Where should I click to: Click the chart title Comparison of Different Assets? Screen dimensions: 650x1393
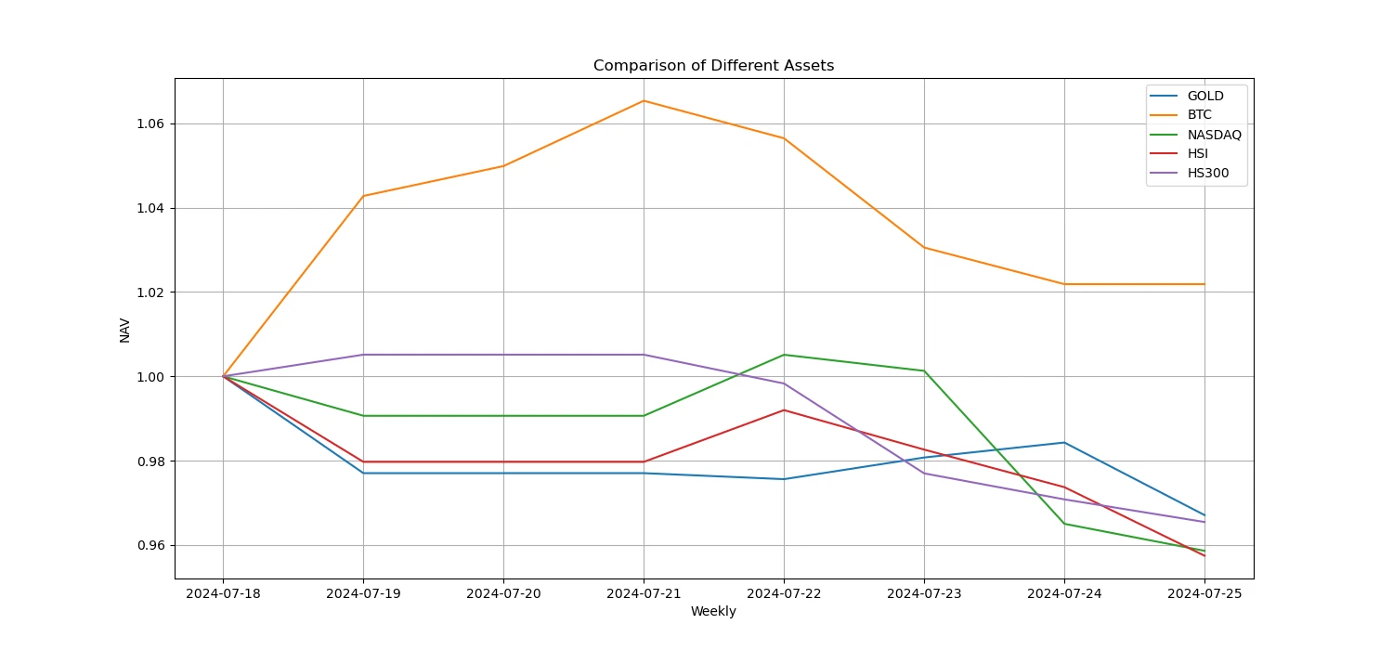[x=713, y=66]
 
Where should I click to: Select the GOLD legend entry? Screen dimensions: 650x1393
[x=1205, y=96]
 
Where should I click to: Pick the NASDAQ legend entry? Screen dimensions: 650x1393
[x=1214, y=135]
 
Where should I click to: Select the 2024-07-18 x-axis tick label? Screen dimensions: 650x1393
[x=223, y=593]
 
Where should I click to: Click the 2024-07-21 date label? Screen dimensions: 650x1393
[x=644, y=593]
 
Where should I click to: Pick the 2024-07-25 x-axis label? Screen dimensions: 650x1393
[x=1204, y=593]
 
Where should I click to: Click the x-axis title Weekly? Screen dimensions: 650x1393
[x=713, y=612]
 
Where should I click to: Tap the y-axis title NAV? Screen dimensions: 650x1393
[x=124, y=330]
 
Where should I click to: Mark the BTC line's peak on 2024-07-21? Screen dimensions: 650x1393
[x=644, y=100]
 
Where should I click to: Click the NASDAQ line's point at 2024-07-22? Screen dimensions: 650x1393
[x=784, y=355]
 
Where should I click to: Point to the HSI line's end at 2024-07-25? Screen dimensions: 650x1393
[x=1204, y=555]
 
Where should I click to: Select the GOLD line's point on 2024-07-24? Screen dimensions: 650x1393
[x=1064, y=443]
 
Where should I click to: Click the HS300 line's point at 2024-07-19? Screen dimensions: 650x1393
[x=363, y=355]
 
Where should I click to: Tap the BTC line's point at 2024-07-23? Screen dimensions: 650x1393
[x=924, y=247]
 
